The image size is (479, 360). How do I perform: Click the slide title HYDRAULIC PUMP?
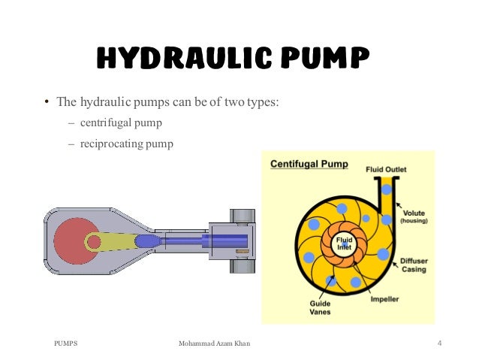233,57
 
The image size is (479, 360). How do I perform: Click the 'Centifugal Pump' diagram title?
309,164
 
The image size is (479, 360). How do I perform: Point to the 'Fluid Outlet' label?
386,170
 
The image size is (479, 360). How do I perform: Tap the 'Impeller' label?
384,299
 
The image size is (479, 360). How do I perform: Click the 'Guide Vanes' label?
321,307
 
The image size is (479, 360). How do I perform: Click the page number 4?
439,343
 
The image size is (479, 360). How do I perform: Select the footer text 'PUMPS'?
66,343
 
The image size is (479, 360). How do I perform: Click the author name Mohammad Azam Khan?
214,343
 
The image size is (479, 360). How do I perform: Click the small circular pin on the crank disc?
93,241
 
